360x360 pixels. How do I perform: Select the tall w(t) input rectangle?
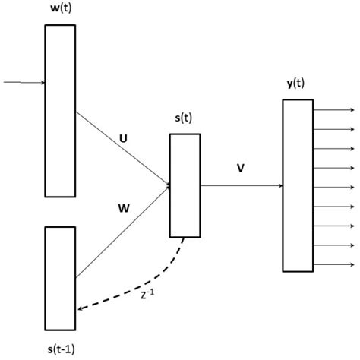60,110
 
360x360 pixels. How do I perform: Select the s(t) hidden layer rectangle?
185,185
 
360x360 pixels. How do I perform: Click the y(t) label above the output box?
298,85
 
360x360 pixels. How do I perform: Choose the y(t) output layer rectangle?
298,185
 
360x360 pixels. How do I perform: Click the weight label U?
123,138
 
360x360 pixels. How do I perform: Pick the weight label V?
240,169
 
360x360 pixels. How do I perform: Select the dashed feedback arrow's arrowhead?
81,309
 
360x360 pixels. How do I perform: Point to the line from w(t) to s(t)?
122,147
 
